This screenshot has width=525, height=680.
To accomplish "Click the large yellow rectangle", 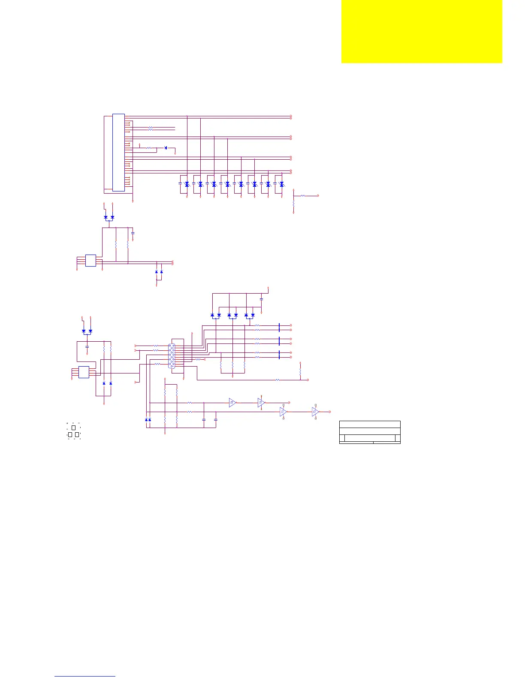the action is (422, 31).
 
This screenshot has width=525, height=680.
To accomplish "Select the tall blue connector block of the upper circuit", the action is (118, 152).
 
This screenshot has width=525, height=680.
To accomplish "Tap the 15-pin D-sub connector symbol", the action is (172, 356).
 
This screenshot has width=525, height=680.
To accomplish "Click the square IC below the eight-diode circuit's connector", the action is (91, 261).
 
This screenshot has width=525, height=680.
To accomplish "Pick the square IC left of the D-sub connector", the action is (84, 372).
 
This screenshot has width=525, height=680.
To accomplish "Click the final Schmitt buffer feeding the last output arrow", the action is (315, 412).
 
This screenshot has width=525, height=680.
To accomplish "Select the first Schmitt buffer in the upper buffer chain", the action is (232, 403).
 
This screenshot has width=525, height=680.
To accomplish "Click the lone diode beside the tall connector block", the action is (166, 148).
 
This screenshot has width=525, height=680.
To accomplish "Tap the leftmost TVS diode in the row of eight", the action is (187, 184).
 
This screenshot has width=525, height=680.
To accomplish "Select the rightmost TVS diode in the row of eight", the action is (281, 184).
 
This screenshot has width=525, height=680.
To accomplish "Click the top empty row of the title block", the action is (370, 424).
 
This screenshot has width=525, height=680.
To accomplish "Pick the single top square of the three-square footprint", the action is (73, 428).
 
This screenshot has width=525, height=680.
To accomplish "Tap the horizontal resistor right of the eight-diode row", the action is (303, 195).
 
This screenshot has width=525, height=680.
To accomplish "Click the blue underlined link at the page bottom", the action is (85, 676).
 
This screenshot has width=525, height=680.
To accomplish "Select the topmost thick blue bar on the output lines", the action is (279, 328).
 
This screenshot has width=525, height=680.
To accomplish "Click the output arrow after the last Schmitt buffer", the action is (329, 412).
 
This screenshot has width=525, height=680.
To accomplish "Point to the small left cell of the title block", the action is (342, 438).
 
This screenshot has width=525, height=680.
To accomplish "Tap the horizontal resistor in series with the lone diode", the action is (149, 148).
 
